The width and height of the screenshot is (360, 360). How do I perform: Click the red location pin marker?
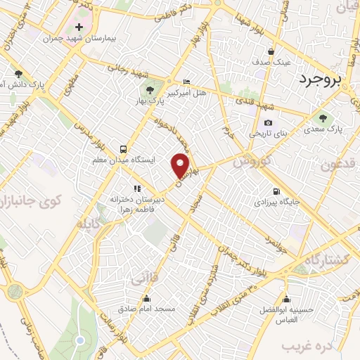click(x=181, y=165)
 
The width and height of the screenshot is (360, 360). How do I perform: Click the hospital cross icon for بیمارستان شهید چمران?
click(x=79, y=27)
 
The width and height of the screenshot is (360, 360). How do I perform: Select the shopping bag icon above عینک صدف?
click(x=271, y=51)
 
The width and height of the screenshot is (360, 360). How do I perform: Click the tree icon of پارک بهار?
click(x=149, y=89)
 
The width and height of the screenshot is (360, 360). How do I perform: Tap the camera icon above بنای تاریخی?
click(x=268, y=123)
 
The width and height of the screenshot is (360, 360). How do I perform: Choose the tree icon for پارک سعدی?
click(x=323, y=118)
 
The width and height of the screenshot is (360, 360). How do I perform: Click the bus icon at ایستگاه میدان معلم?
click(x=124, y=149)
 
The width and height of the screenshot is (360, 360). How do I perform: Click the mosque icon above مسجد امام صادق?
click(x=169, y=298)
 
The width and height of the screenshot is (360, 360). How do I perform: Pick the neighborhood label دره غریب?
click(x=305, y=347)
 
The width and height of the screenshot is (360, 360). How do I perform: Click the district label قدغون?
click(x=340, y=165)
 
